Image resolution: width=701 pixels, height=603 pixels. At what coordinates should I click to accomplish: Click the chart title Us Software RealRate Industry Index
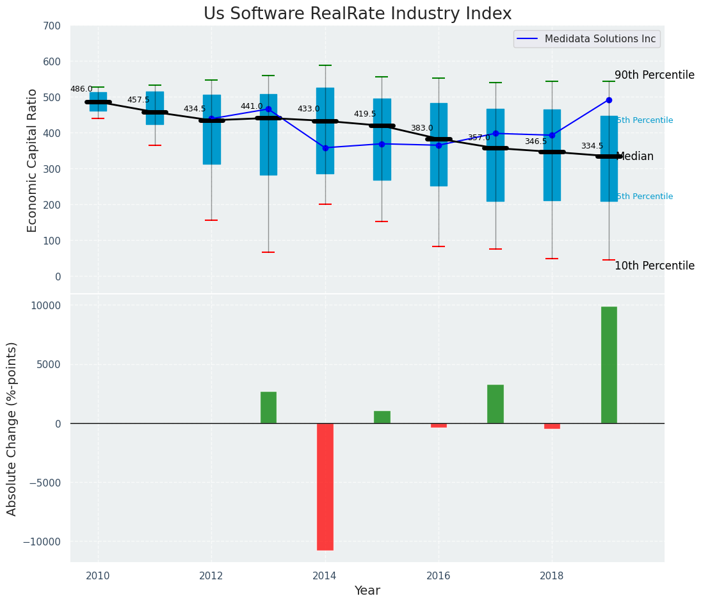pyautogui.click(x=357, y=14)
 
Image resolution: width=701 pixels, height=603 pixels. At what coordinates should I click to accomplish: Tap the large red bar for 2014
pyautogui.click(x=325, y=486)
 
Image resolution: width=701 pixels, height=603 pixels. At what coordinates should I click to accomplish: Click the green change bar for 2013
pyautogui.click(x=268, y=407)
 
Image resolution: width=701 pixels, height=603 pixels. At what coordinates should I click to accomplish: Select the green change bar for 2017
pyautogui.click(x=496, y=404)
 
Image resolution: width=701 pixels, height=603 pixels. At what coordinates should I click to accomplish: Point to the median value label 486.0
pyautogui.click(x=81, y=90)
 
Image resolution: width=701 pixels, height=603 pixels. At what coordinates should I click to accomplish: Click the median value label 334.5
pyautogui.click(x=592, y=147)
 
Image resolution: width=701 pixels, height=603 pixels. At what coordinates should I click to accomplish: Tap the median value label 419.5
pyautogui.click(x=365, y=115)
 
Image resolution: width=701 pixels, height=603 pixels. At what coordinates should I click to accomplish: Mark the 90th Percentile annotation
pyautogui.click(x=654, y=76)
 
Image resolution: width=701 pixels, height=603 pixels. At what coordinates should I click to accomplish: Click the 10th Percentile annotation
pyautogui.click(x=654, y=266)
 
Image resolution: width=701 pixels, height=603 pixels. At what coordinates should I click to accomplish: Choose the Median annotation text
pyautogui.click(x=634, y=157)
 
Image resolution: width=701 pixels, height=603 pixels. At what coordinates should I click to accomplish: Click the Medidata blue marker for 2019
pyautogui.click(x=609, y=100)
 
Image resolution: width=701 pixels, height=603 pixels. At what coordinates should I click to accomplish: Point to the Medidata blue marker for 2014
pyautogui.click(x=325, y=148)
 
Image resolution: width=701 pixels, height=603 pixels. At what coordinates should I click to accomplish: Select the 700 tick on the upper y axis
pyautogui.click(x=52, y=26)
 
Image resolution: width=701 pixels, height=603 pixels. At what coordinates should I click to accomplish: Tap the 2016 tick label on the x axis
pyautogui.click(x=439, y=575)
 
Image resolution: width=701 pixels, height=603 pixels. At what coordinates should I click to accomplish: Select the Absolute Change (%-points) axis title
pyautogui.click(x=12, y=428)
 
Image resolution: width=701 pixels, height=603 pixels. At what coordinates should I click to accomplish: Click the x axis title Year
pyautogui.click(x=367, y=591)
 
